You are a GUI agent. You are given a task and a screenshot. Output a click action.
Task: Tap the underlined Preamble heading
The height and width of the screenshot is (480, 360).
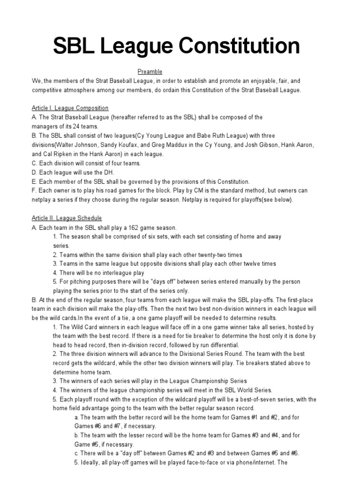tap(150, 72)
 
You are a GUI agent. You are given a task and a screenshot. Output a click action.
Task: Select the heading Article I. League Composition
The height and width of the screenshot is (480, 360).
tap(70, 108)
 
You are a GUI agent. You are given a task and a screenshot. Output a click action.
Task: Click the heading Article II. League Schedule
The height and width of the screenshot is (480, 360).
tap(67, 218)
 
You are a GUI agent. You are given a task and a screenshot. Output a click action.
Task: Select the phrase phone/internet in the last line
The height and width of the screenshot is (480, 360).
tap(257, 463)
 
